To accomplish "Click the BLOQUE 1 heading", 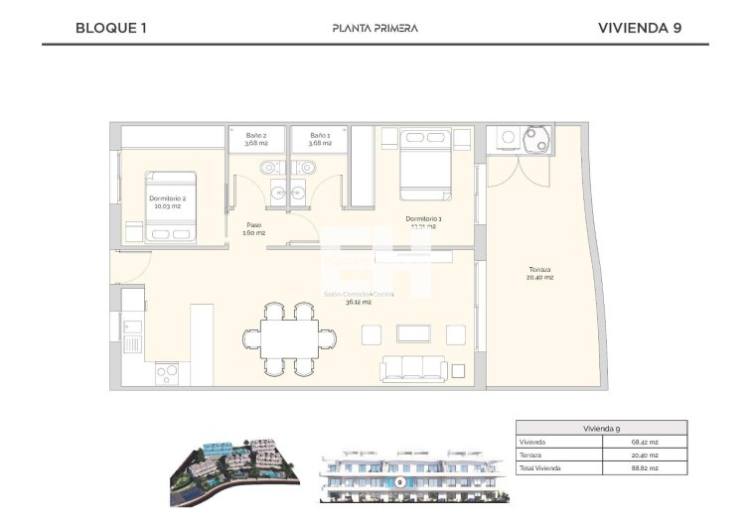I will click(111, 28).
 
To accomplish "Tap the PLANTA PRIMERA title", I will click(375, 28).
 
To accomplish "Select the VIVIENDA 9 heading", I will click(640, 28).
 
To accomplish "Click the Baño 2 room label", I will click(256, 139).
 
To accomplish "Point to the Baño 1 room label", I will click(319, 139).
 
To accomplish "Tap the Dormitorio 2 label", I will click(167, 202).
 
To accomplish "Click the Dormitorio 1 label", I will click(423, 222).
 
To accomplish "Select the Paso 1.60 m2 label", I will click(254, 229).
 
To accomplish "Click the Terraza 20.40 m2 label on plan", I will click(540, 274).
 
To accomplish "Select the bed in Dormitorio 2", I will click(172, 207).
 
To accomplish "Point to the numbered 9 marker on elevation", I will click(398, 481).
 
